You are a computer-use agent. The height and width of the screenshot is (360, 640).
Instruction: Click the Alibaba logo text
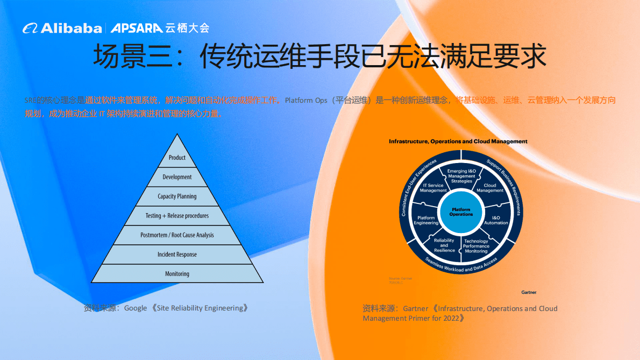click(x=70, y=28)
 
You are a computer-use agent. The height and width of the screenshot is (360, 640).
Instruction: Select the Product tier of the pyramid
click(x=177, y=158)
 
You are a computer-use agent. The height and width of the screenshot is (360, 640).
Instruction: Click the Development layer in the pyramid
click(x=177, y=177)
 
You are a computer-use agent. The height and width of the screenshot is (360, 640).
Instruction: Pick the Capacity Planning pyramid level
click(x=177, y=196)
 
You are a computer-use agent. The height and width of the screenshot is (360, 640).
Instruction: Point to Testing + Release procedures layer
click(x=177, y=216)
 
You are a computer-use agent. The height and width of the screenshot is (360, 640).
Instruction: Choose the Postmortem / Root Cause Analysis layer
click(x=177, y=235)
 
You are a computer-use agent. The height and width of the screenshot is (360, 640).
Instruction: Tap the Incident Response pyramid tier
click(x=177, y=255)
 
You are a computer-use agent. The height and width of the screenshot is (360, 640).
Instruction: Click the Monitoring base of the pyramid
click(x=177, y=274)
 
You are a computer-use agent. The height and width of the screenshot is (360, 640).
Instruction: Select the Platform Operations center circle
click(x=461, y=211)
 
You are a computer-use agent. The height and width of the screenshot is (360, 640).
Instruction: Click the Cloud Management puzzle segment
click(x=490, y=188)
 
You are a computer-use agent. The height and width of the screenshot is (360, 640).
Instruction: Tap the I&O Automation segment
click(x=496, y=220)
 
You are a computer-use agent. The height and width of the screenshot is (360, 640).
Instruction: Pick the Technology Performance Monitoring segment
click(x=476, y=246)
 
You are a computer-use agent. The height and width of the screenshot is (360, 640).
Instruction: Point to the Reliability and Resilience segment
click(x=444, y=245)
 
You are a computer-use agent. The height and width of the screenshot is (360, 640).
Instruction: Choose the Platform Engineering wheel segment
click(x=426, y=220)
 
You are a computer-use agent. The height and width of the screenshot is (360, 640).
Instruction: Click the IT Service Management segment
click(x=433, y=188)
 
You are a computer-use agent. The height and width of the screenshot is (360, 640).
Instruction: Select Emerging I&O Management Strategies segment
click(x=461, y=176)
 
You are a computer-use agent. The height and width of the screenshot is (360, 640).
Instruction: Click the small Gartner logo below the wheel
click(x=529, y=292)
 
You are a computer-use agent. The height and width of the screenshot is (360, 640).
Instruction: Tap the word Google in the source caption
click(x=136, y=308)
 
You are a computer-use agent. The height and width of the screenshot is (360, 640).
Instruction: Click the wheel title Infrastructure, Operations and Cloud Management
click(x=458, y=142)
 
